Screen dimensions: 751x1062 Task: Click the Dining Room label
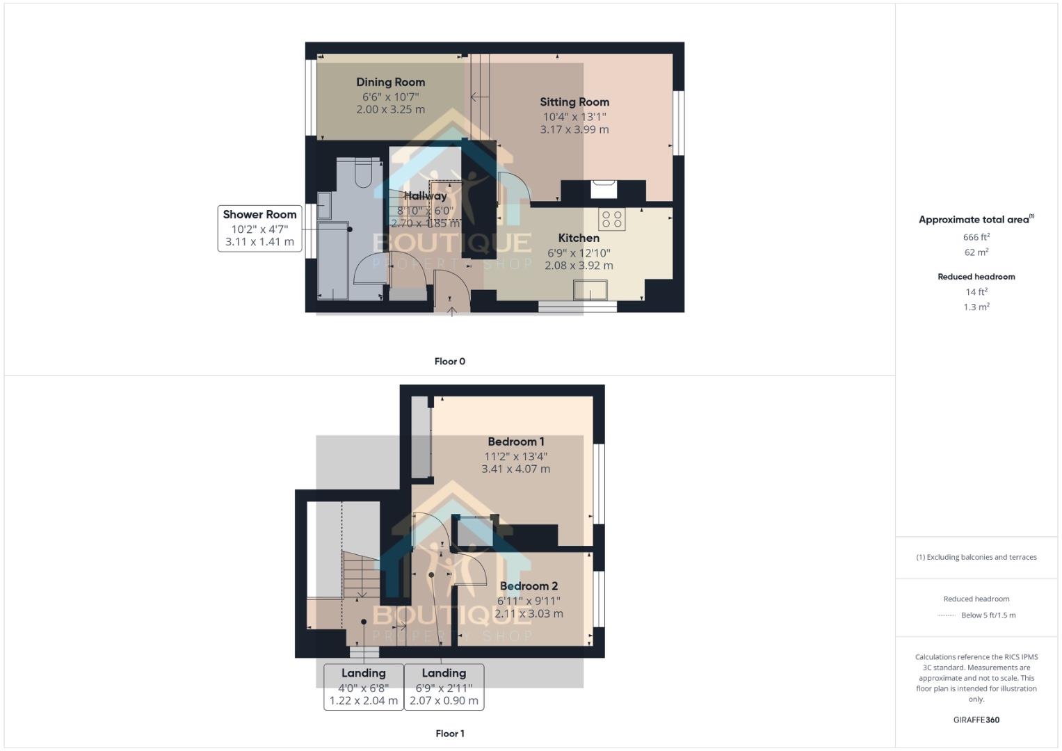click(390, 82)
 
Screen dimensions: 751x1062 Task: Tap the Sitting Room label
click(574, 102)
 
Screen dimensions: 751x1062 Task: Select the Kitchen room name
click(579, 238)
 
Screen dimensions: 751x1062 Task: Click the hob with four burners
click(612, 219)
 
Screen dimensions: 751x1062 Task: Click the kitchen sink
click(590, 289)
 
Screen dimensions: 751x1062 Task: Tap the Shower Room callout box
click(259, 228)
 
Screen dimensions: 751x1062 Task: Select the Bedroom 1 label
click(515, 442)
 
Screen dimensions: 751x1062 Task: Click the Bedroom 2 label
click(529, 586)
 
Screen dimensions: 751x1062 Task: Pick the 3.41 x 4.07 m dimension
click(515, 469)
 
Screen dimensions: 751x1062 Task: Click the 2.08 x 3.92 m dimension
click(579, 266)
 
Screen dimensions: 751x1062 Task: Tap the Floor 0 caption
click(449, 362)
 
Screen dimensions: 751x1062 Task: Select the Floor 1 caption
click(449, 734)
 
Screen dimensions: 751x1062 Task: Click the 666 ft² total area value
click(976, 237)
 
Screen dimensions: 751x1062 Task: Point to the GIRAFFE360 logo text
click(976, 720)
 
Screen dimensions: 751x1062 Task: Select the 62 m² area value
click(976, 252)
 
